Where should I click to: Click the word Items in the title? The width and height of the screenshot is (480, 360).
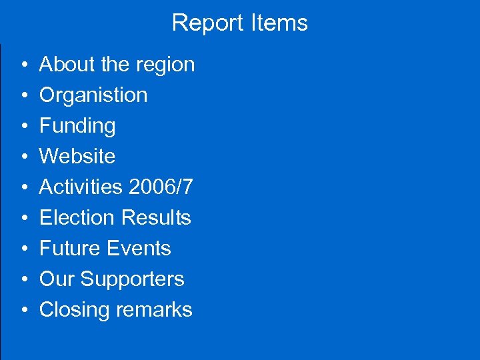[279, 23]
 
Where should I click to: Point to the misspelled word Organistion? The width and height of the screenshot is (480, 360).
[93, 95]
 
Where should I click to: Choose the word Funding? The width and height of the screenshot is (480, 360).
[77, 126]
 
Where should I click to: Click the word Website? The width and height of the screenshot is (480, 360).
[77, 157]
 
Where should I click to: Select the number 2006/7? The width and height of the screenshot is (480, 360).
[161, 187]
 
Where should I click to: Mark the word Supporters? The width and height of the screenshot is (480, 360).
[133, 279]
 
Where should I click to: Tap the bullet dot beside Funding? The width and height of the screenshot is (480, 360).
[23, 127]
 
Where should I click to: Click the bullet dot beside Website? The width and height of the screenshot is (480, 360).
[23, 157]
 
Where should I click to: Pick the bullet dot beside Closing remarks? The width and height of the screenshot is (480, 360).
[23, 311]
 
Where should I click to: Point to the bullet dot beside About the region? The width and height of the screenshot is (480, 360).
[23, 65]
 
